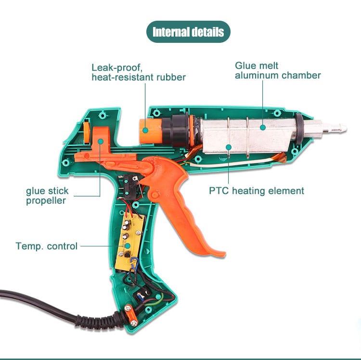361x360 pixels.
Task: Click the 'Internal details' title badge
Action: click(x=188, y=32)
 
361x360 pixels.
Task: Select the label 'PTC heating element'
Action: click(x=257, y=191)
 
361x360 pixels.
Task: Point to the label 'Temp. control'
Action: click(x=47, y=246)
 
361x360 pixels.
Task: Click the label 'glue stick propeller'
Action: click(x=47, y=196)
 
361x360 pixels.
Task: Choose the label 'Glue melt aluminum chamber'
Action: click(x=278, y=70)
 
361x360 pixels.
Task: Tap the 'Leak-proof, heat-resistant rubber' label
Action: click(x=139, y=72)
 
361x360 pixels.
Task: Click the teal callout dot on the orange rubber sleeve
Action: click(x=145, y=130)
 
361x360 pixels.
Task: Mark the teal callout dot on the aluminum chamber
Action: click(x=263, y=127)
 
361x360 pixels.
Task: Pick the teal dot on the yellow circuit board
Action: click(x=128, y=246)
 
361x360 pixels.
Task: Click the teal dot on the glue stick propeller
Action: click(x=100, y=141)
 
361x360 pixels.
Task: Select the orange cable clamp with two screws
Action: click(x=131, y=315)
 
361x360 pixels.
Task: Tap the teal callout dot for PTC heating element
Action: click(x=229, y=147)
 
